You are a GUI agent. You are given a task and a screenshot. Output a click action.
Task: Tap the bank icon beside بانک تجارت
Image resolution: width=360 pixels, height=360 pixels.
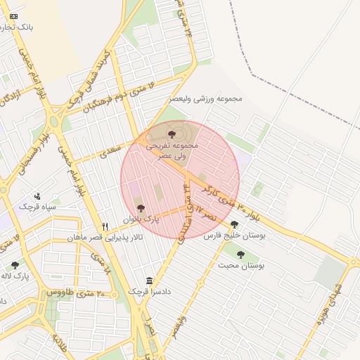pyautogui.click(x=14, y=15)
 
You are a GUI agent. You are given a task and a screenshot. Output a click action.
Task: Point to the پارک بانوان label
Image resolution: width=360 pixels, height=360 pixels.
pyautogui.click(x=142, y=219)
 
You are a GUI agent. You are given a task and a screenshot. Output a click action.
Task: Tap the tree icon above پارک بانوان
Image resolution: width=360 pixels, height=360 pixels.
pyautogui.click(x=141, y=209)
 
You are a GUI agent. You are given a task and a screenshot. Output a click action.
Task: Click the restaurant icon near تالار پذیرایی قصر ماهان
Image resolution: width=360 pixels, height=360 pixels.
pyautogui.click(x=105, y=227)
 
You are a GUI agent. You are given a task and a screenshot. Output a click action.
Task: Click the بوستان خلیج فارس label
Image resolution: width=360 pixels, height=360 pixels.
pyautogui.click(x=234, y=236)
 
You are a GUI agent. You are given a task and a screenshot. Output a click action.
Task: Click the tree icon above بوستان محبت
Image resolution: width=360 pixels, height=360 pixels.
pyautogui.click(x=241, y=255)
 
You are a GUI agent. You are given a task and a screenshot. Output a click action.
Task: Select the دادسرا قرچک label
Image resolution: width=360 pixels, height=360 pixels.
pyautogui.click(x=149, y=291)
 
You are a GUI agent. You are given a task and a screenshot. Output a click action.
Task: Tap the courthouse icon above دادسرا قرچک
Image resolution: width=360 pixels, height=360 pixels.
pyautogui.click(x=149, y=281)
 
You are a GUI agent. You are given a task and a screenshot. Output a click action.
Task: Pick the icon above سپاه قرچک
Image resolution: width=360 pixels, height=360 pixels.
pyautogui.click(x=37, y=196)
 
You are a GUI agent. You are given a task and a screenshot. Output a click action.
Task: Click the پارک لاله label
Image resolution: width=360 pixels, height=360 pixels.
pyautogui.click(x=16, y=276)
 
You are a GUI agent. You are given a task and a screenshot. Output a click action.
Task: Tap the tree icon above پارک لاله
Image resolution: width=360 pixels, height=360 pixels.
pyautogui.click(x=15, y=266)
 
